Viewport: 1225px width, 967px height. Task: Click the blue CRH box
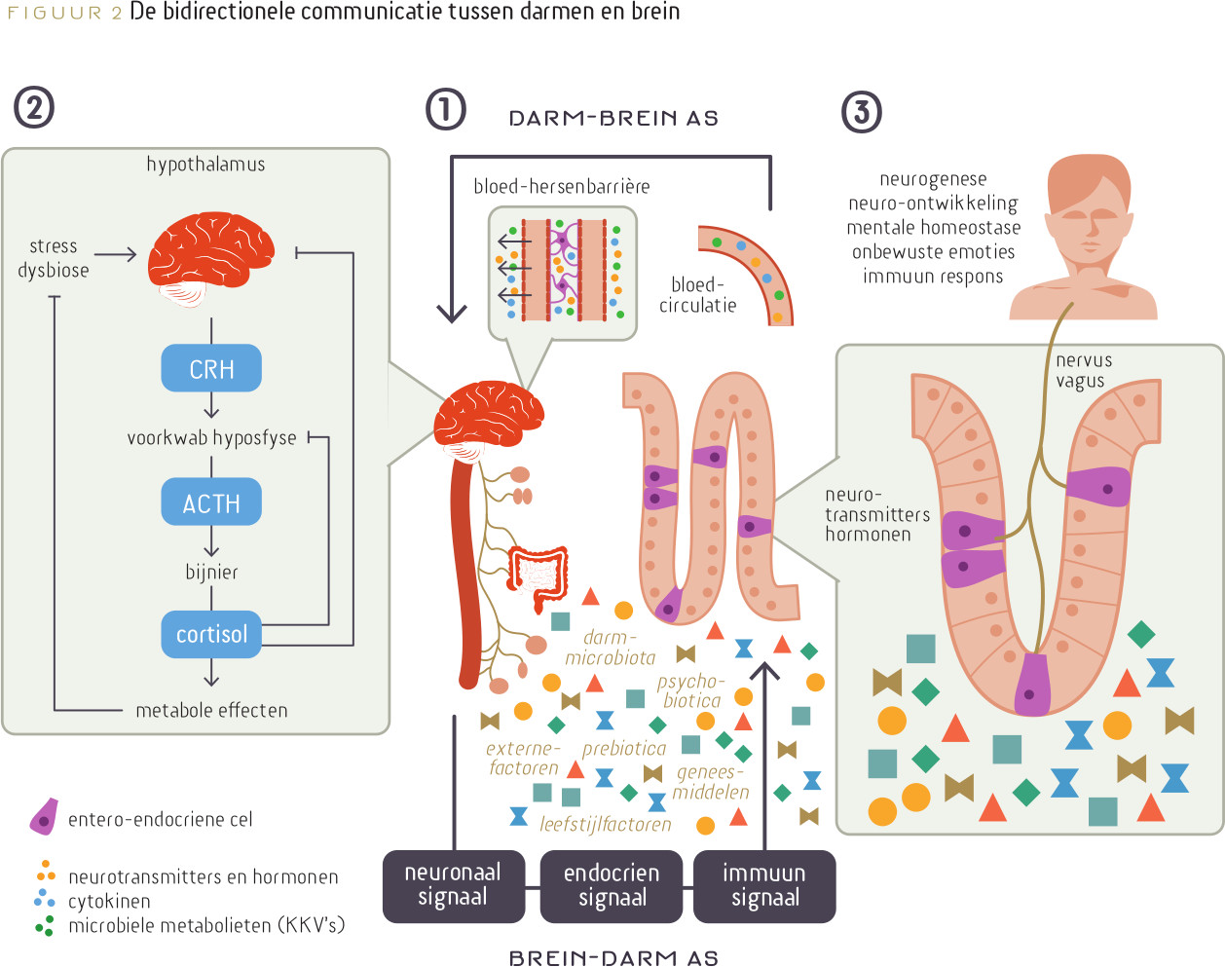211,369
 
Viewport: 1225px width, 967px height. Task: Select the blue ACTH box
211,502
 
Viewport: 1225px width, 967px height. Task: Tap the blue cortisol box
211,634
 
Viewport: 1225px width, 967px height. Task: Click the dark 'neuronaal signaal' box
453,885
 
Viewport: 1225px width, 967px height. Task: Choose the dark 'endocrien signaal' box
612,885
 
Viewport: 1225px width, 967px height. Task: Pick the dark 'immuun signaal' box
764,885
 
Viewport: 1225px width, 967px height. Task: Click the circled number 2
34,107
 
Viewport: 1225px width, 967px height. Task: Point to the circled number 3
861,111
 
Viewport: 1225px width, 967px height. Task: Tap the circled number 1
446,109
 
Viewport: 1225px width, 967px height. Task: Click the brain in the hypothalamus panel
210,257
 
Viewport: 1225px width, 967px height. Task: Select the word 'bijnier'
211,572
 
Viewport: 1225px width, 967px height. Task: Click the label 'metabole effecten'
211,711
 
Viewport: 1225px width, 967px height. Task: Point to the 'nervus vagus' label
1083,371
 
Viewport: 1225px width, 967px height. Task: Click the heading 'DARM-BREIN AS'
613,119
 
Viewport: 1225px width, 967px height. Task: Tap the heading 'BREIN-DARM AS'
613,957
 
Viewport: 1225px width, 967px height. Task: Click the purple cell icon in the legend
44,817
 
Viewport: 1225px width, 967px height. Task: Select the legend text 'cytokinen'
109,902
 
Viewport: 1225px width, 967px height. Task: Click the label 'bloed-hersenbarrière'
561,186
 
